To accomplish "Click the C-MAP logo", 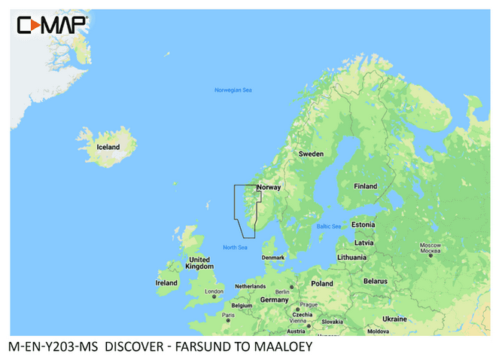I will point(52,26).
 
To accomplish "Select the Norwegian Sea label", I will point(233,90).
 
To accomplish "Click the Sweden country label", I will point(311,153).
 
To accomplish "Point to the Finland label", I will point(366,186).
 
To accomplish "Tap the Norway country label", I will point(269,187).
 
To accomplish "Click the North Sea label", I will point(236,247).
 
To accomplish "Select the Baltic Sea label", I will point(329,226).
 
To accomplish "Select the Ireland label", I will point(166,283).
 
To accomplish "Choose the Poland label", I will point(322,284).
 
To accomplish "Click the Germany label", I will point(274,299).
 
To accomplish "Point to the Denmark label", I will point(273,257).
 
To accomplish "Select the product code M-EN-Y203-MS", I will point(53,348).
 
